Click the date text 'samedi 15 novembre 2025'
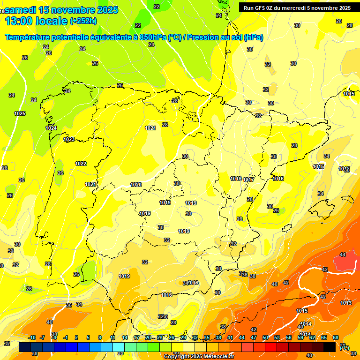coord(61,10)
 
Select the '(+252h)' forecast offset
coord(83,21)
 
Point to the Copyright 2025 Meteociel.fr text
coord(199,356)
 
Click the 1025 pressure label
coord(20,113)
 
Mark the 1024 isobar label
coord(51,128)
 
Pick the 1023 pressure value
coord(69,139)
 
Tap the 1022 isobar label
coord(81,164)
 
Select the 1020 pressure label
coord(136,185)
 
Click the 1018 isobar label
coord(236,179)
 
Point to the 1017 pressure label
coord(248,180)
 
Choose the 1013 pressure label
coord(346,303)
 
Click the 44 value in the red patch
coord(343,255)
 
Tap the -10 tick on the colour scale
coord(32,337)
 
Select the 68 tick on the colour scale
coord(336,337)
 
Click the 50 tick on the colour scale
coord(265,337)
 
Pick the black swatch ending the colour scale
coord(330,347)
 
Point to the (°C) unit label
coord(344,347)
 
